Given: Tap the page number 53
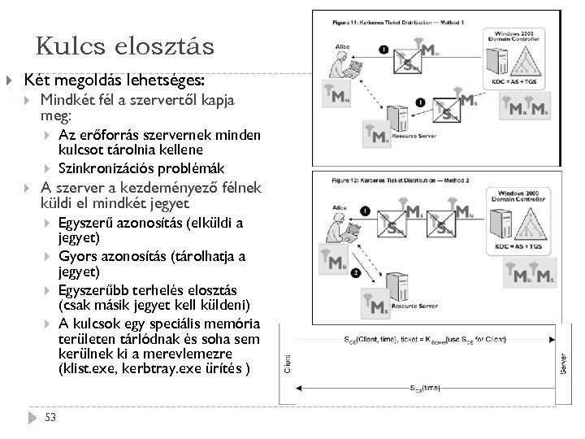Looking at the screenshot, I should [x=50, y=418].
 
